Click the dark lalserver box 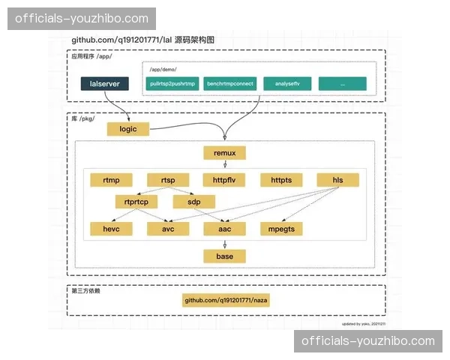coord(105,83)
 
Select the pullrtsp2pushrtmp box coord(172,83)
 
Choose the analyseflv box coord(286,83)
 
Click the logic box coord(128,129)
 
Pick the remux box coord(224,153)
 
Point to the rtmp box coord(110,180)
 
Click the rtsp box coord(167,180)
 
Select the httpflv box coord(224,180)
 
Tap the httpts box coord(281,180)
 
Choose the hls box coord(337,180)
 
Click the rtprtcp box coord(136,202)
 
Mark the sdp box coord(193,202)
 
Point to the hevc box coord(110,228)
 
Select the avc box coord(167,228)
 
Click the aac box coord(224,228)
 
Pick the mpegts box coord(281,228)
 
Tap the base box coord(224,256)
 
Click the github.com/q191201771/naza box coord(224,301)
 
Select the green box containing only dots coord(342,83)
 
